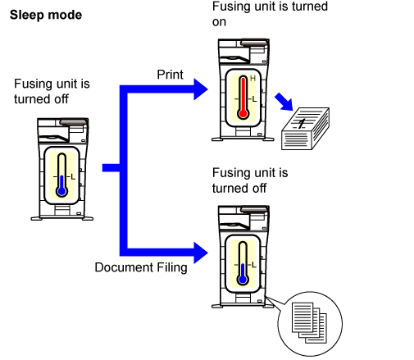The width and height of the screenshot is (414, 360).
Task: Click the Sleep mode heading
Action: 46,15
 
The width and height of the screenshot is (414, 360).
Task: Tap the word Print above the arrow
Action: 170,75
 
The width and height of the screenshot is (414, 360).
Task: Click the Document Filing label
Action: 141,267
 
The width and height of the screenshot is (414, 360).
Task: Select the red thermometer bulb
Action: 243,113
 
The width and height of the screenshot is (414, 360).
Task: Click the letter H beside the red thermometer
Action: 252,79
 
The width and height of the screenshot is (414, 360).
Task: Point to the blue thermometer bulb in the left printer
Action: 62,191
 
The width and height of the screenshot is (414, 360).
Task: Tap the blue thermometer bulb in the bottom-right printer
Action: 243,280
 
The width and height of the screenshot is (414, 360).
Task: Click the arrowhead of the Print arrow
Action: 201,89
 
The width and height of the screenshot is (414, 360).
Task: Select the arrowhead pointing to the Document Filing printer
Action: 201,253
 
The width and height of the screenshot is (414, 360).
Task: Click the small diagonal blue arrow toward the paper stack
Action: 284,102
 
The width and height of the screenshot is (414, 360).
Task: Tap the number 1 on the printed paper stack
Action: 302,124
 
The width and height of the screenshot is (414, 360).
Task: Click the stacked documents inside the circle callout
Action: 309,322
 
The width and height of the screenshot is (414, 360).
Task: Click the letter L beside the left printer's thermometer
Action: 73,177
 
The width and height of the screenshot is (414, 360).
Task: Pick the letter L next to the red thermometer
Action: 254,98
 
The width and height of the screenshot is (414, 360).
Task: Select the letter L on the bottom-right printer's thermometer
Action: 254,265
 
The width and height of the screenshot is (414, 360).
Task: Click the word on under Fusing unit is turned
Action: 219,22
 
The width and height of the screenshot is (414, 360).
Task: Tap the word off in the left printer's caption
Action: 61,99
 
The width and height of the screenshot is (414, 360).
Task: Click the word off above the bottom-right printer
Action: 259,188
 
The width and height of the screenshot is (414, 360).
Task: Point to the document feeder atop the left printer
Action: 74,121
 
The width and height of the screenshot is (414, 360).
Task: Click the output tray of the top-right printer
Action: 234,59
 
